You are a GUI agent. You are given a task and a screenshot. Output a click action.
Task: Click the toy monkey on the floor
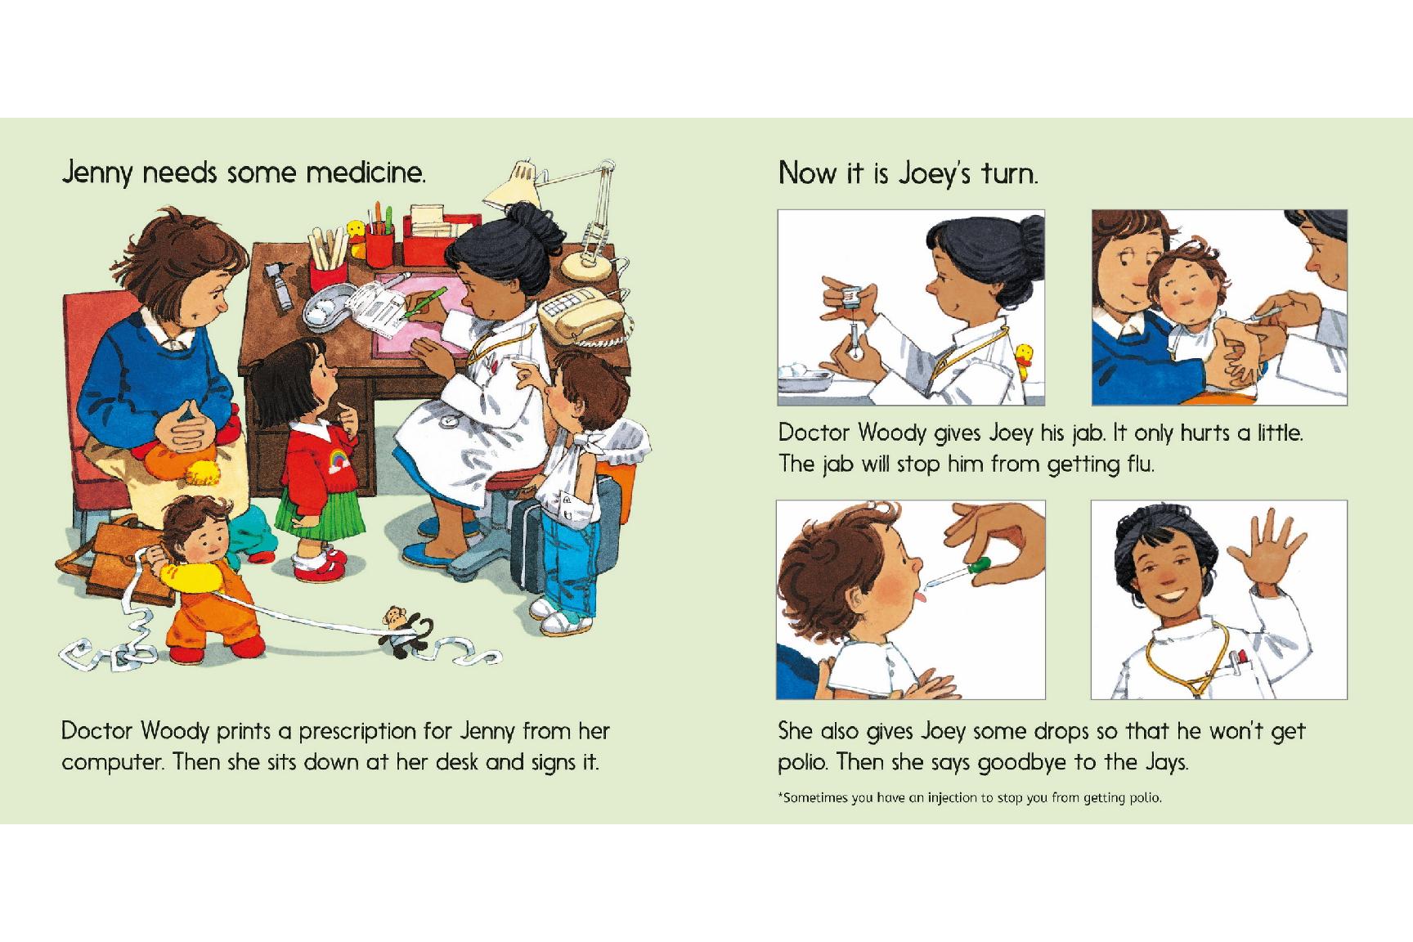click(401, 630)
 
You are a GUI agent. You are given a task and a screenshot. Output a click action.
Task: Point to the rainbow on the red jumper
click(337, 464)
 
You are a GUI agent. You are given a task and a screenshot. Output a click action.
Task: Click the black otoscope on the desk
click(280, 286)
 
